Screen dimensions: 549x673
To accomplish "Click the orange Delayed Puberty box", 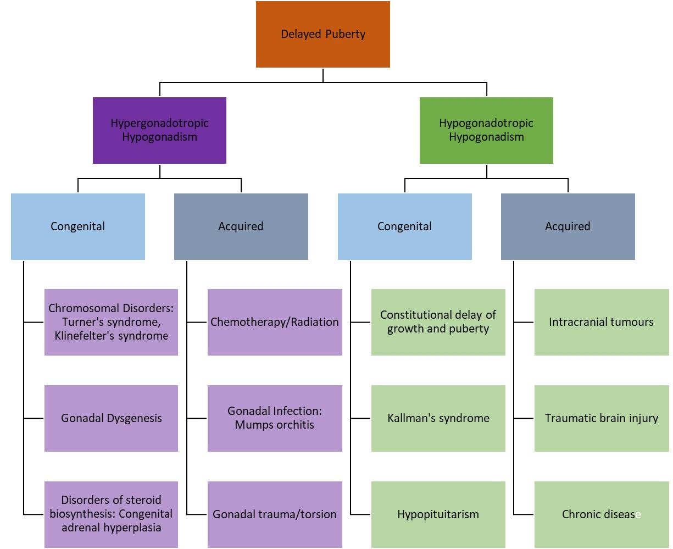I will pos(323,34).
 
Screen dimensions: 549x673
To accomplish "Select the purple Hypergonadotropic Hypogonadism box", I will pos(159,130).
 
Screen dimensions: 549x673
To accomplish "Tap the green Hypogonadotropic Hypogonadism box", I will pos(486,130).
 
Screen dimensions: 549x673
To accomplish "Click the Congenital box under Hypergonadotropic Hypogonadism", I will pos(78,226).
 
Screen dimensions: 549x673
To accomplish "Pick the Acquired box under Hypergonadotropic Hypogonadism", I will pos(241,226).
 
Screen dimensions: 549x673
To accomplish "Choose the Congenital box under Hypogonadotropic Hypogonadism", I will pos(405,226).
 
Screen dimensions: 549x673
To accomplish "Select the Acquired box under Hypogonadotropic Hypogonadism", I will pos(568,226).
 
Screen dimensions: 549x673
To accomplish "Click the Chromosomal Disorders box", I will pos(111,322).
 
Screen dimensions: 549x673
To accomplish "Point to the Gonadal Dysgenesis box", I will pos(111,418).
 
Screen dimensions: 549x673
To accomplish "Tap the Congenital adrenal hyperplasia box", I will pos(111,514).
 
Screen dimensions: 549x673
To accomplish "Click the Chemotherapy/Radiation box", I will pos(275,322).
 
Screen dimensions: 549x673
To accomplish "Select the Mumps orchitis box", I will pos(275,418).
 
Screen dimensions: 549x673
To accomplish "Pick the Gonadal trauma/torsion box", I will pos(275,514).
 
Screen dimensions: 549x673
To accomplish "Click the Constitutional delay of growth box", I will pos(438,322).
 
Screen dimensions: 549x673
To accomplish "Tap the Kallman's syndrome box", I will pos(438,418).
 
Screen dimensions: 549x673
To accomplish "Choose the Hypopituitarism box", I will pos(438,514).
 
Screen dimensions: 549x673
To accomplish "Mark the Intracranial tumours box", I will pos(601,322).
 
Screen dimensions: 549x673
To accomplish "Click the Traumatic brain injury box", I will pos(601,418).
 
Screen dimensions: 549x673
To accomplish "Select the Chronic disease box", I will pos(601,514).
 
